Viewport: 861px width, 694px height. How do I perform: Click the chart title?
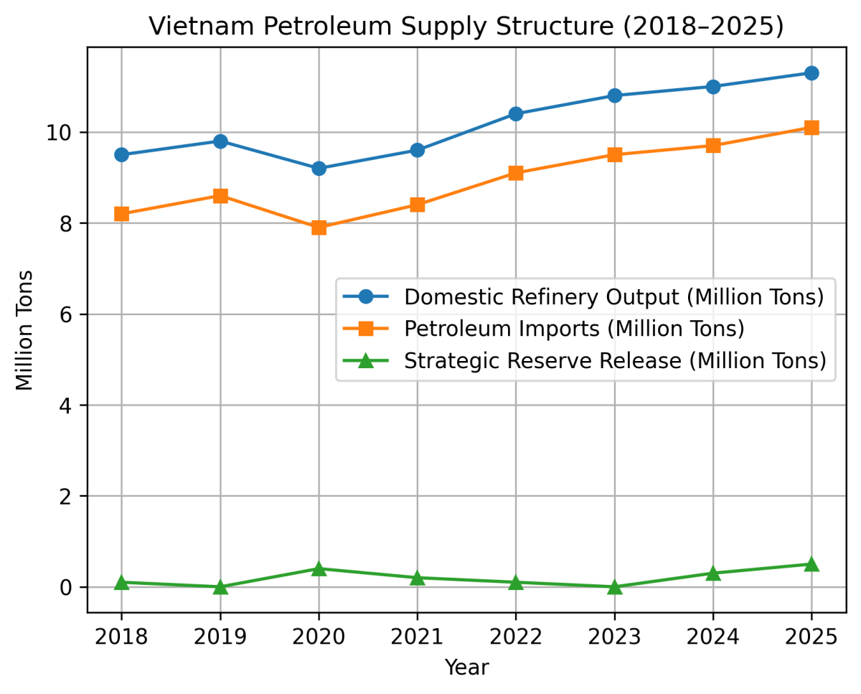coord(466,27)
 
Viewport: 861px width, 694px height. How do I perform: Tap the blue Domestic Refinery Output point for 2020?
coord(319,169)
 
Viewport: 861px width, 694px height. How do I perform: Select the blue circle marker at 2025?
coord(811,73)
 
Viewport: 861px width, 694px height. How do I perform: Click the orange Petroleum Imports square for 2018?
coord(121,214)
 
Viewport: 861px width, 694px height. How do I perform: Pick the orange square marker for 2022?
coord(516,173)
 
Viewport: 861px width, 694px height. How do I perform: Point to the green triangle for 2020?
coord(319,568)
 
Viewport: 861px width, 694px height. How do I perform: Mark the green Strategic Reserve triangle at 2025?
coord(811,564)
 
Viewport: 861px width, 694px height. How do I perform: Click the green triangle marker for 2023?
coord(614,586)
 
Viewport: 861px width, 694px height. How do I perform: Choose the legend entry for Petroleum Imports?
coord(574,329)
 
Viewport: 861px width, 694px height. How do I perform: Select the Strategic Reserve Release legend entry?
coord(614,360)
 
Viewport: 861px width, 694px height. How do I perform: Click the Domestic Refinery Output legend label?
coord(613,296)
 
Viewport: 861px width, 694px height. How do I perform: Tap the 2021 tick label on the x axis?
coord(417,636)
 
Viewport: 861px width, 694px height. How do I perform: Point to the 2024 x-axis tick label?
coord(712,636)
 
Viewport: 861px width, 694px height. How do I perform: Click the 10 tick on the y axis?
coord(67,133)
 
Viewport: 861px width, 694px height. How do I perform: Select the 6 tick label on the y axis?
coord(72,314)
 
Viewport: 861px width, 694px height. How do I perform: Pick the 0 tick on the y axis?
coord(72,587)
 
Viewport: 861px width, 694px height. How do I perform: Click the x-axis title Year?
coord(466,668)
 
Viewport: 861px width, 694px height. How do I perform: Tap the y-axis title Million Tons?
coord(25,330)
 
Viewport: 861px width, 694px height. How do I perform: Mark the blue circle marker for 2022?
coord(516,114)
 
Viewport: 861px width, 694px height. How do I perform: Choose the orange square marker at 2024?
coord(712,146)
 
